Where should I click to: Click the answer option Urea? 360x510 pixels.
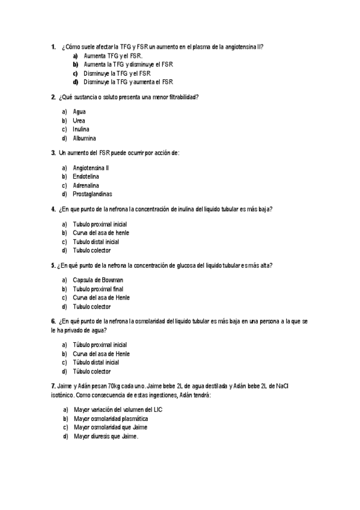pyautogui.click(x=79, y=120)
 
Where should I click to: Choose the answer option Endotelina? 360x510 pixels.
pyautogui.click(x=86, y=177)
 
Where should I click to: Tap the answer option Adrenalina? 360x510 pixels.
pyautogui.click(x=87, y=185)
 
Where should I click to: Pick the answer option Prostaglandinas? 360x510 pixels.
pyautogui.click(x=92, y=194)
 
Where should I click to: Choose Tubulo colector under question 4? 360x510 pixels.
pyautogui.click(x=92, y=250)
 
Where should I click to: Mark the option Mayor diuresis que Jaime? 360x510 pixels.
pyautogui.click(x=106, y=436)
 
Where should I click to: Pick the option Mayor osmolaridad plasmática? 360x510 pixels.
pyautogui.click(x=111, y=419)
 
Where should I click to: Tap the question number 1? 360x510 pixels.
pyautogui.click(x=53, y=46)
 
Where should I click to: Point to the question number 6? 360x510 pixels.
pyautogui.click(x=53, y=322)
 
